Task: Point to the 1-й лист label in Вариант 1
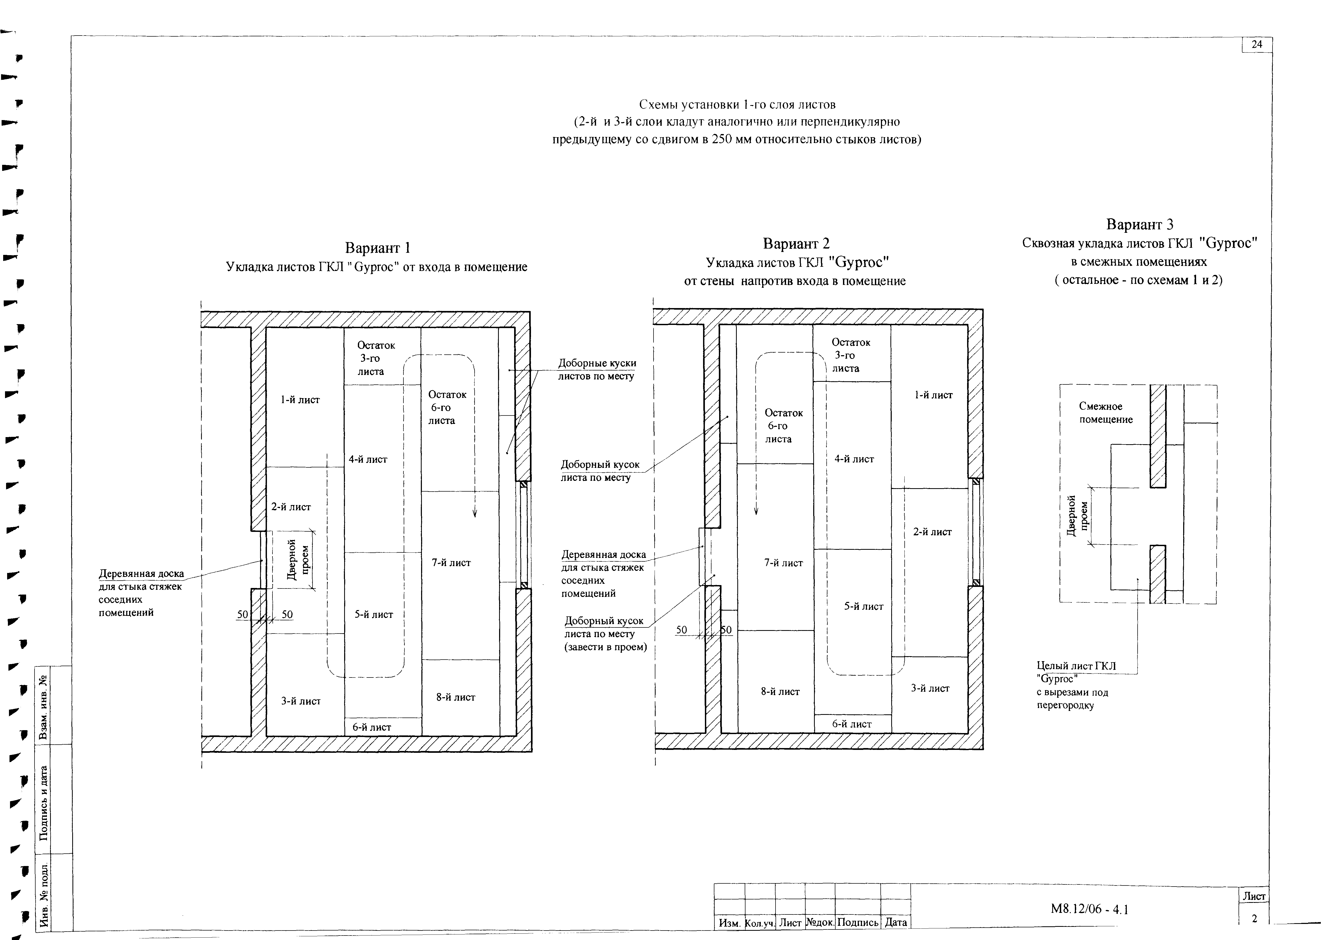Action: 300,400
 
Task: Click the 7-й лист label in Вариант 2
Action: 784,563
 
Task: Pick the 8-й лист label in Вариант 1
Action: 456,697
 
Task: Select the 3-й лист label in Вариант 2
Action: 930,688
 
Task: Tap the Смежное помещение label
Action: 1105,413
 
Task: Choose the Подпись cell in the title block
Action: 858,922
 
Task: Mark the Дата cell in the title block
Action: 895,922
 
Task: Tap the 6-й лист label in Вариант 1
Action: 372,727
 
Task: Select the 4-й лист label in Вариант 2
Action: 854,459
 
